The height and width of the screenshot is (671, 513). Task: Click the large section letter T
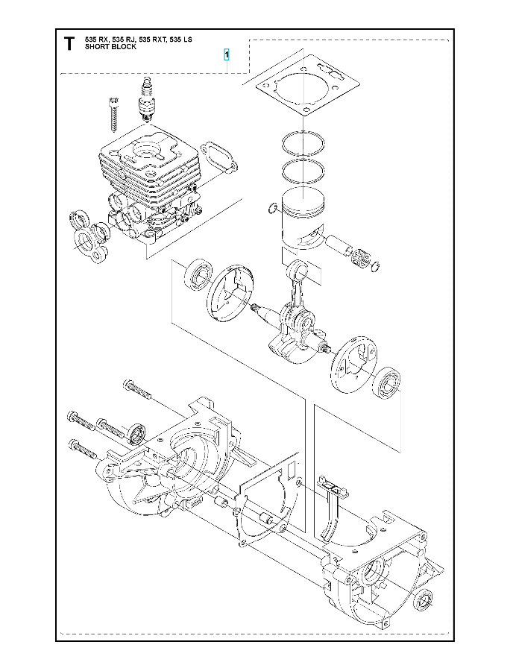coord(69,44)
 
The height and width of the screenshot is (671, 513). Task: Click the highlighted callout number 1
coord(227,54)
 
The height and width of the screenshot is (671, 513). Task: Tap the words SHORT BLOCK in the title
coord(110,47)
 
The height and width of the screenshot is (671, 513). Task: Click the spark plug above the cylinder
coord(147,98)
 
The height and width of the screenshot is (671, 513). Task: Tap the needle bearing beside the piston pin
coord(359,259)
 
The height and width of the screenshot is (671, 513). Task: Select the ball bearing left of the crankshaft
coord(198,274)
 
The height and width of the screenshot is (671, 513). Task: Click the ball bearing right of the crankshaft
coord(388,382)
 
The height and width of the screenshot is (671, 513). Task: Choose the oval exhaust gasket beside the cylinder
coord(217,156)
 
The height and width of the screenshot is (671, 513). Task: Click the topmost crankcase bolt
coord(136,388)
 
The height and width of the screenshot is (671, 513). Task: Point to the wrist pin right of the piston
coord(338,245)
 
